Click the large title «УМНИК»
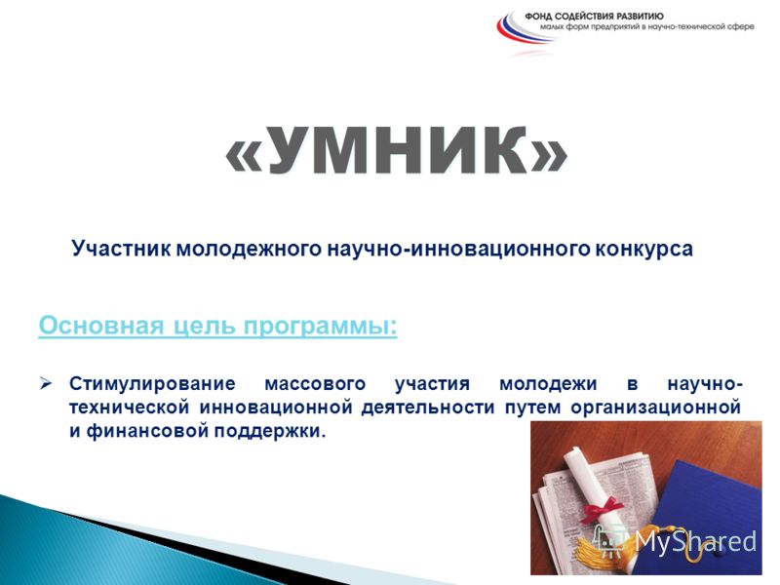pos(397,151)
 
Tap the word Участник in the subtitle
pos(121,249)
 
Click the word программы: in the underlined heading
pos(321,327)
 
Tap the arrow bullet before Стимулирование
pos(45,383)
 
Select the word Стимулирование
pos(152,384)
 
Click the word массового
pos(315,384)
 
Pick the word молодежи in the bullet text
pos(548,384)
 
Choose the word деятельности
pos(428,408)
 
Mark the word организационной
pos(655,408)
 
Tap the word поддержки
pos(270,431)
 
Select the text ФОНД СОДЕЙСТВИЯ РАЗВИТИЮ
pos(595,17)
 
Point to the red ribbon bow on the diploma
pos(602,509)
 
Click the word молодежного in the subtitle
pos(249,249)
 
